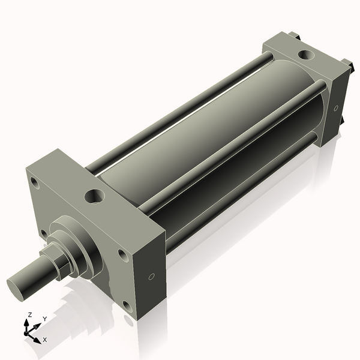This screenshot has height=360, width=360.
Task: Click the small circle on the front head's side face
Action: pos(151,277)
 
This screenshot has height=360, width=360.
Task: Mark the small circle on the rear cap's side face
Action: pos(336,109)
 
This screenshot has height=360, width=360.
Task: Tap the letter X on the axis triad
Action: pos(44,340)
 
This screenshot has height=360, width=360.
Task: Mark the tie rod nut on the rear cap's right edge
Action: pos(347,62)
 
